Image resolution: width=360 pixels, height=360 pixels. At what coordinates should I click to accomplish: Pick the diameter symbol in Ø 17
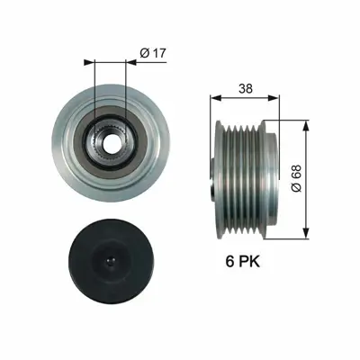pos(144,53)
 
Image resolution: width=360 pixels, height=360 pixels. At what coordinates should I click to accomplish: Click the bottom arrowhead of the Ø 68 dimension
pos(307,229)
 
